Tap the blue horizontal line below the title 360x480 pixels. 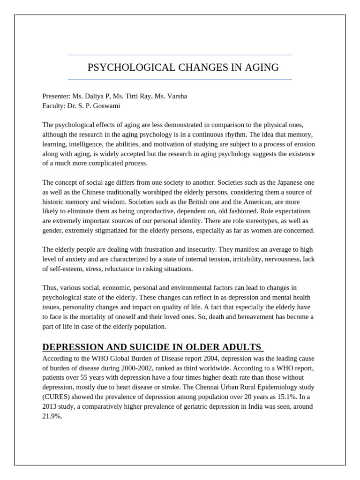click(180, 80)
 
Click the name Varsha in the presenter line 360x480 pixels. click(176, 96)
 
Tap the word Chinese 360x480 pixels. click(88, 192)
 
